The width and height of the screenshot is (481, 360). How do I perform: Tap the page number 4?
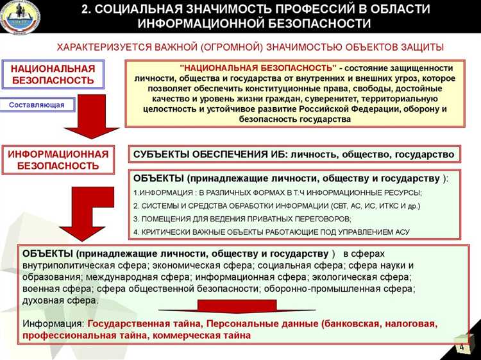coord(460,347)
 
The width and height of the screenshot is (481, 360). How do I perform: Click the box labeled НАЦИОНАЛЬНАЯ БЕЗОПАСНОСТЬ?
coord(53,74)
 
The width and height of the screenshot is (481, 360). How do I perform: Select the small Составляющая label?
coord(36,105)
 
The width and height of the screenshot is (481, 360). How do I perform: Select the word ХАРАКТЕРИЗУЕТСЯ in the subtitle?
coord(99,48)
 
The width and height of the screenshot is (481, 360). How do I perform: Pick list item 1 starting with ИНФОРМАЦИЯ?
coord(277,193)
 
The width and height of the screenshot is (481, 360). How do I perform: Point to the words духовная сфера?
coord(60,300)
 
